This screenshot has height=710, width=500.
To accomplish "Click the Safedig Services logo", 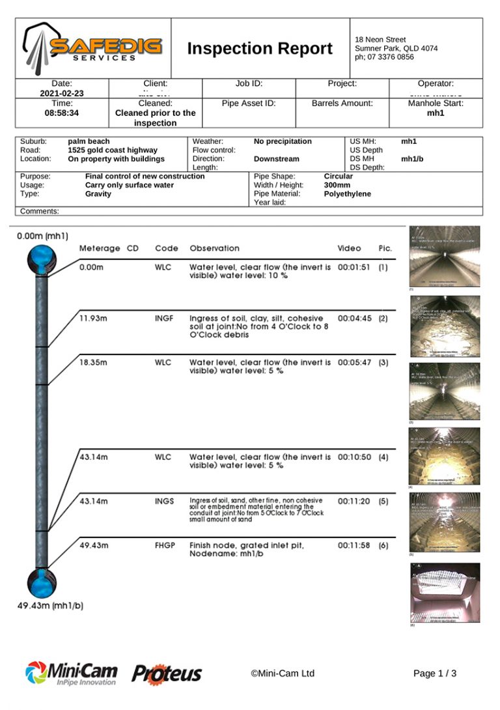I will click(x=93, y=48).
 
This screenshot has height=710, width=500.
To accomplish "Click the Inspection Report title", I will click(x=260, y=49).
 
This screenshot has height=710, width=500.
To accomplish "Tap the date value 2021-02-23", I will click(x=62, y=93).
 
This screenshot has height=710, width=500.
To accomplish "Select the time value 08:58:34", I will click(x=62, y=113).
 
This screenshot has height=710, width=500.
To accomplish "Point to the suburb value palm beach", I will click(x=89, y=141).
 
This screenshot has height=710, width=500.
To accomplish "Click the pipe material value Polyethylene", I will click(x=347, y=194).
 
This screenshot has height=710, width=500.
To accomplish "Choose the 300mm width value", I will click(x=338, y=185).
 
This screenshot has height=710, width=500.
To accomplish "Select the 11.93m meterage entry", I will click(x=92, y=319).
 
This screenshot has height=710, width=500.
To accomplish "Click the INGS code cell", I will click(x=164, y=502).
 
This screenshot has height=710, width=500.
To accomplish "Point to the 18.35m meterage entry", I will click(x=92, y=362).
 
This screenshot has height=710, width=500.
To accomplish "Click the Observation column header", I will click(x=214, y=248).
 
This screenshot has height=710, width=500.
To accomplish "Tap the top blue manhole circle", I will click(x=43, y=260).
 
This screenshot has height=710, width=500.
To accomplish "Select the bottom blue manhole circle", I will click(x=42, y=581).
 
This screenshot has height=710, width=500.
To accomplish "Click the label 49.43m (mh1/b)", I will click(x=50, y=606).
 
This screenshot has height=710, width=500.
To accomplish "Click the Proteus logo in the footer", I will click(x=167, y=674).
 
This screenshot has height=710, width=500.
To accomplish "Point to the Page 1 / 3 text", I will click(x=434, y=674).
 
